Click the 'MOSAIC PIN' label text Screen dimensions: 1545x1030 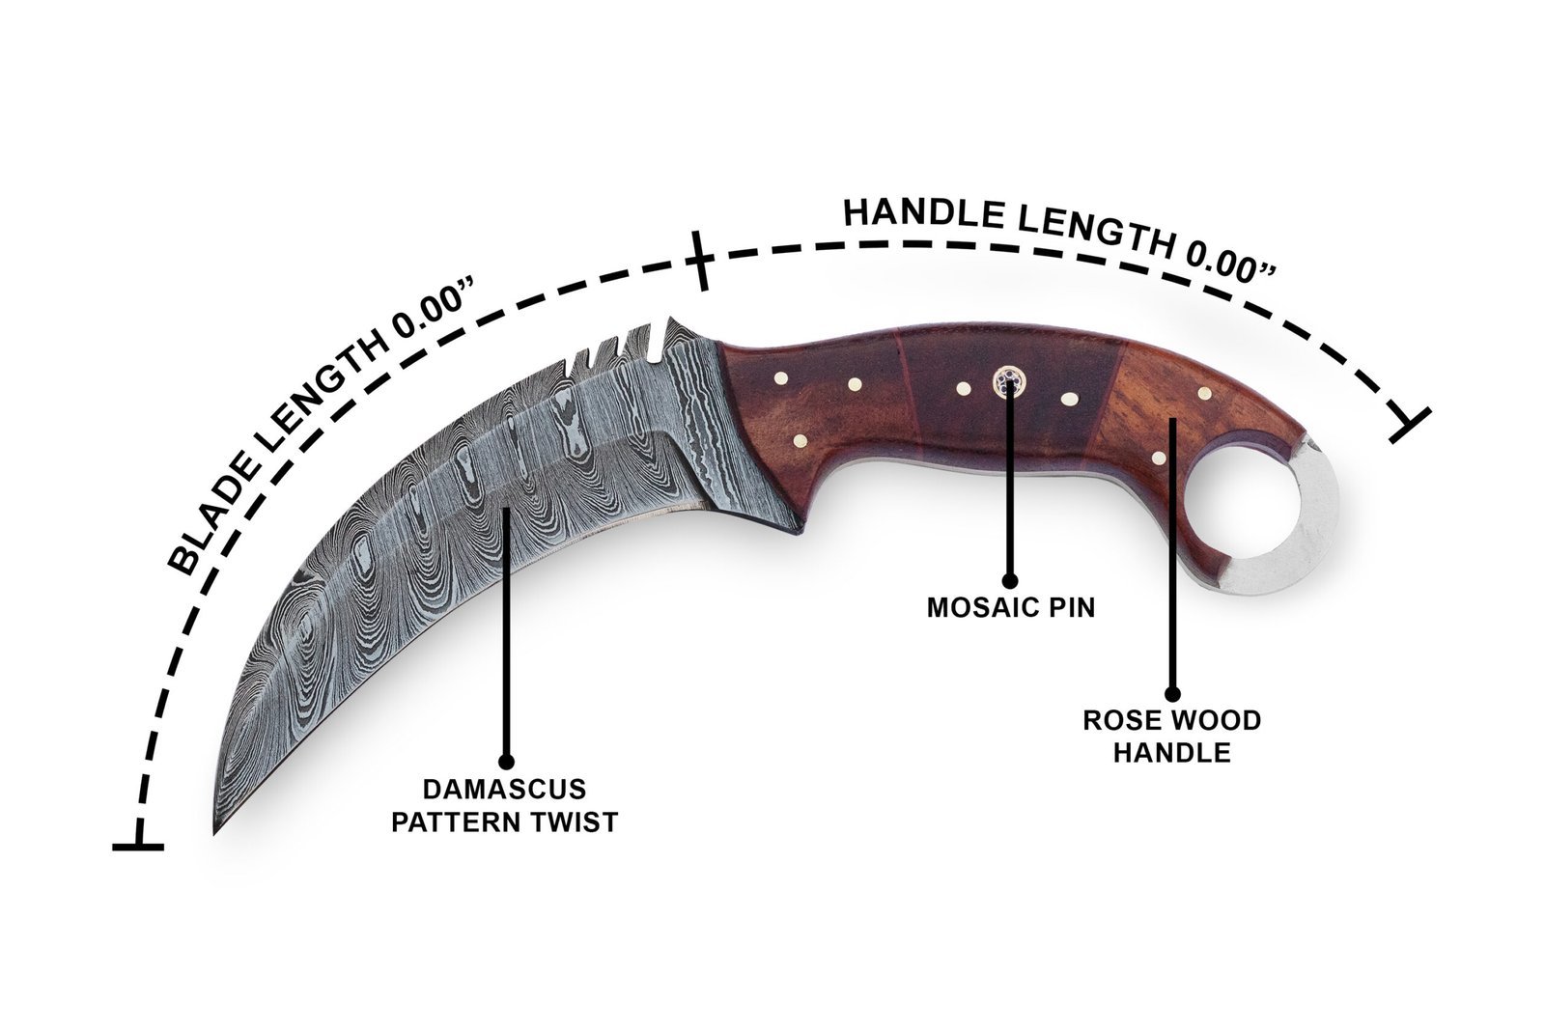(x=1010, y=607)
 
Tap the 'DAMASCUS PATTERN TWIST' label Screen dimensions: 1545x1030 (x=505, y=806)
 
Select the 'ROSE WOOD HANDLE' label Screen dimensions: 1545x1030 (x=1172, y=737)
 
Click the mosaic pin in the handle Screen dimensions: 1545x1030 (x=1008, y=382)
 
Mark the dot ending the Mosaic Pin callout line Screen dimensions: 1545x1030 (x=1010, y=580)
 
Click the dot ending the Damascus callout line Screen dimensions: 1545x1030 (x=506, y=762)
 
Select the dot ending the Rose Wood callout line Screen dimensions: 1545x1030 (x=1172, y=694)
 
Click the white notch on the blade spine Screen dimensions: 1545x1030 (x=658, y=339)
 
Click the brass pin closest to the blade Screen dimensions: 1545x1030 (x=781, y=377)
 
